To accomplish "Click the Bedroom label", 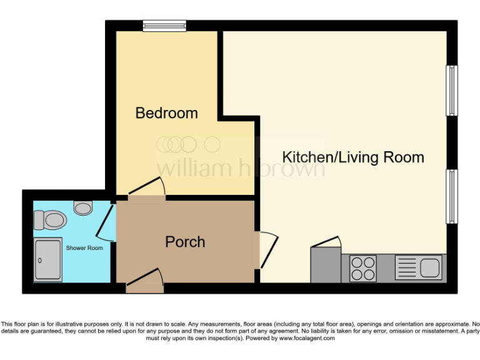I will (x=166, y=113).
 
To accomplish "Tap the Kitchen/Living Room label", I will (x=353, y=157).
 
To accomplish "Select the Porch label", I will (x=185, y=242).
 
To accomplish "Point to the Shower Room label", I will (x=84, y=248).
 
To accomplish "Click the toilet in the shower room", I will (x=51, y=220).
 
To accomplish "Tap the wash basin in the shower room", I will (x=82, y=207).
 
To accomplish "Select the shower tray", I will (x=48, y=259).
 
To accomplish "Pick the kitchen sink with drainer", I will (x=419, y=268).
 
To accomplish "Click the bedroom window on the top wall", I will (x=164, y=26).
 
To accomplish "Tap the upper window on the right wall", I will (x=451, y=91).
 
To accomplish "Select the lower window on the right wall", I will (x=451, y=196).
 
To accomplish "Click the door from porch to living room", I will (x=267, y=250).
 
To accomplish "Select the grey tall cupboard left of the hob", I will (x=326, y=264).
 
